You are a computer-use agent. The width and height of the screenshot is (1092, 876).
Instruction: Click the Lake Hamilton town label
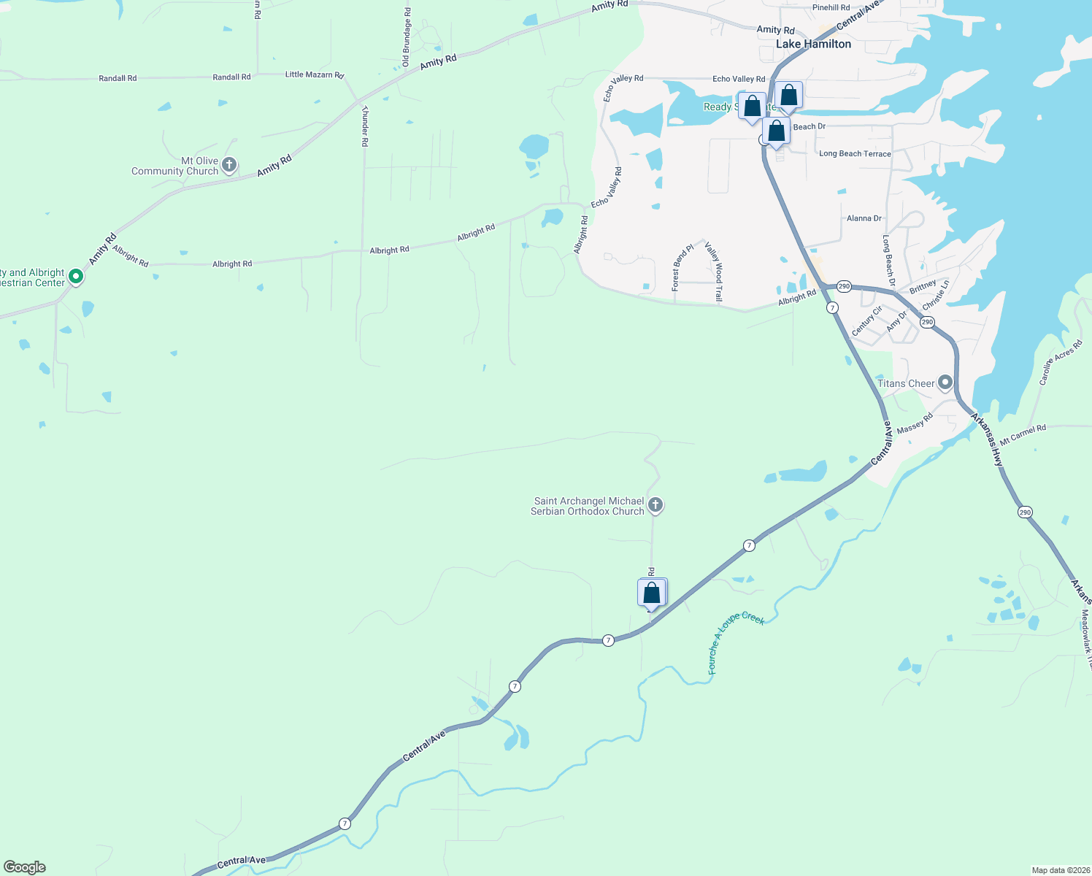click(x=813, y=45)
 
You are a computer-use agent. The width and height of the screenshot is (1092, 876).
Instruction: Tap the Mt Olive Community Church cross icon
click(x=229, y=165)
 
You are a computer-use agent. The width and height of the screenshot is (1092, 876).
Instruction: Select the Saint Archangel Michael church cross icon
click(x=655, y=505)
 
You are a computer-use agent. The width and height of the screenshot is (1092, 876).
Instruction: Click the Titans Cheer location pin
click(x=945, y=383)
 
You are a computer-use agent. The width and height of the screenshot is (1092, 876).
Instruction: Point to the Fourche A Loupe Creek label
click(x=736, y=641)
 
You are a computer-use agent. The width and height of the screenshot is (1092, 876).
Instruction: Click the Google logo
click(x=25, y=867)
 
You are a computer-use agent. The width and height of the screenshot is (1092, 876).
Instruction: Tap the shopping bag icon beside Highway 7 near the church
click(x=652, y=593)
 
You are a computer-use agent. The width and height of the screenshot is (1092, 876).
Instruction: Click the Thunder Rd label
click(x=365, y=126)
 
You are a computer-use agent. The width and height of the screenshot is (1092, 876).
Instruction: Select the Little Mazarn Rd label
click(x=314, y=74)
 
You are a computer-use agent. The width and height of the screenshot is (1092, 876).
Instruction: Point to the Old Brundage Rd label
click(x=407, y=37)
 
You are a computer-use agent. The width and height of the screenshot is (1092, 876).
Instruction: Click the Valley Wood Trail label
click(x=714, y=272)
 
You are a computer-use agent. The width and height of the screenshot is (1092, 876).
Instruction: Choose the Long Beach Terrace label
click(x=855, y=154)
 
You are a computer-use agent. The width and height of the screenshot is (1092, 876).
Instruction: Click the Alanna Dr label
click(x=864, y=218)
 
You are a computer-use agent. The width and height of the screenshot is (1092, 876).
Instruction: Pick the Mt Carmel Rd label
click(x=1023, y=435)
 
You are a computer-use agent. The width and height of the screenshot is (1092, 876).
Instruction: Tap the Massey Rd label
click(x=915, y=424)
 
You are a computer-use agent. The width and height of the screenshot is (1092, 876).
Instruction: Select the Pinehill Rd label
click(x=831, y=8)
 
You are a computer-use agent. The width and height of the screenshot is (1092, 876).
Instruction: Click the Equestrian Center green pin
click(x=75, y=277)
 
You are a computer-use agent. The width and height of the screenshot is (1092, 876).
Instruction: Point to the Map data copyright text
click(x=1060, y=870)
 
